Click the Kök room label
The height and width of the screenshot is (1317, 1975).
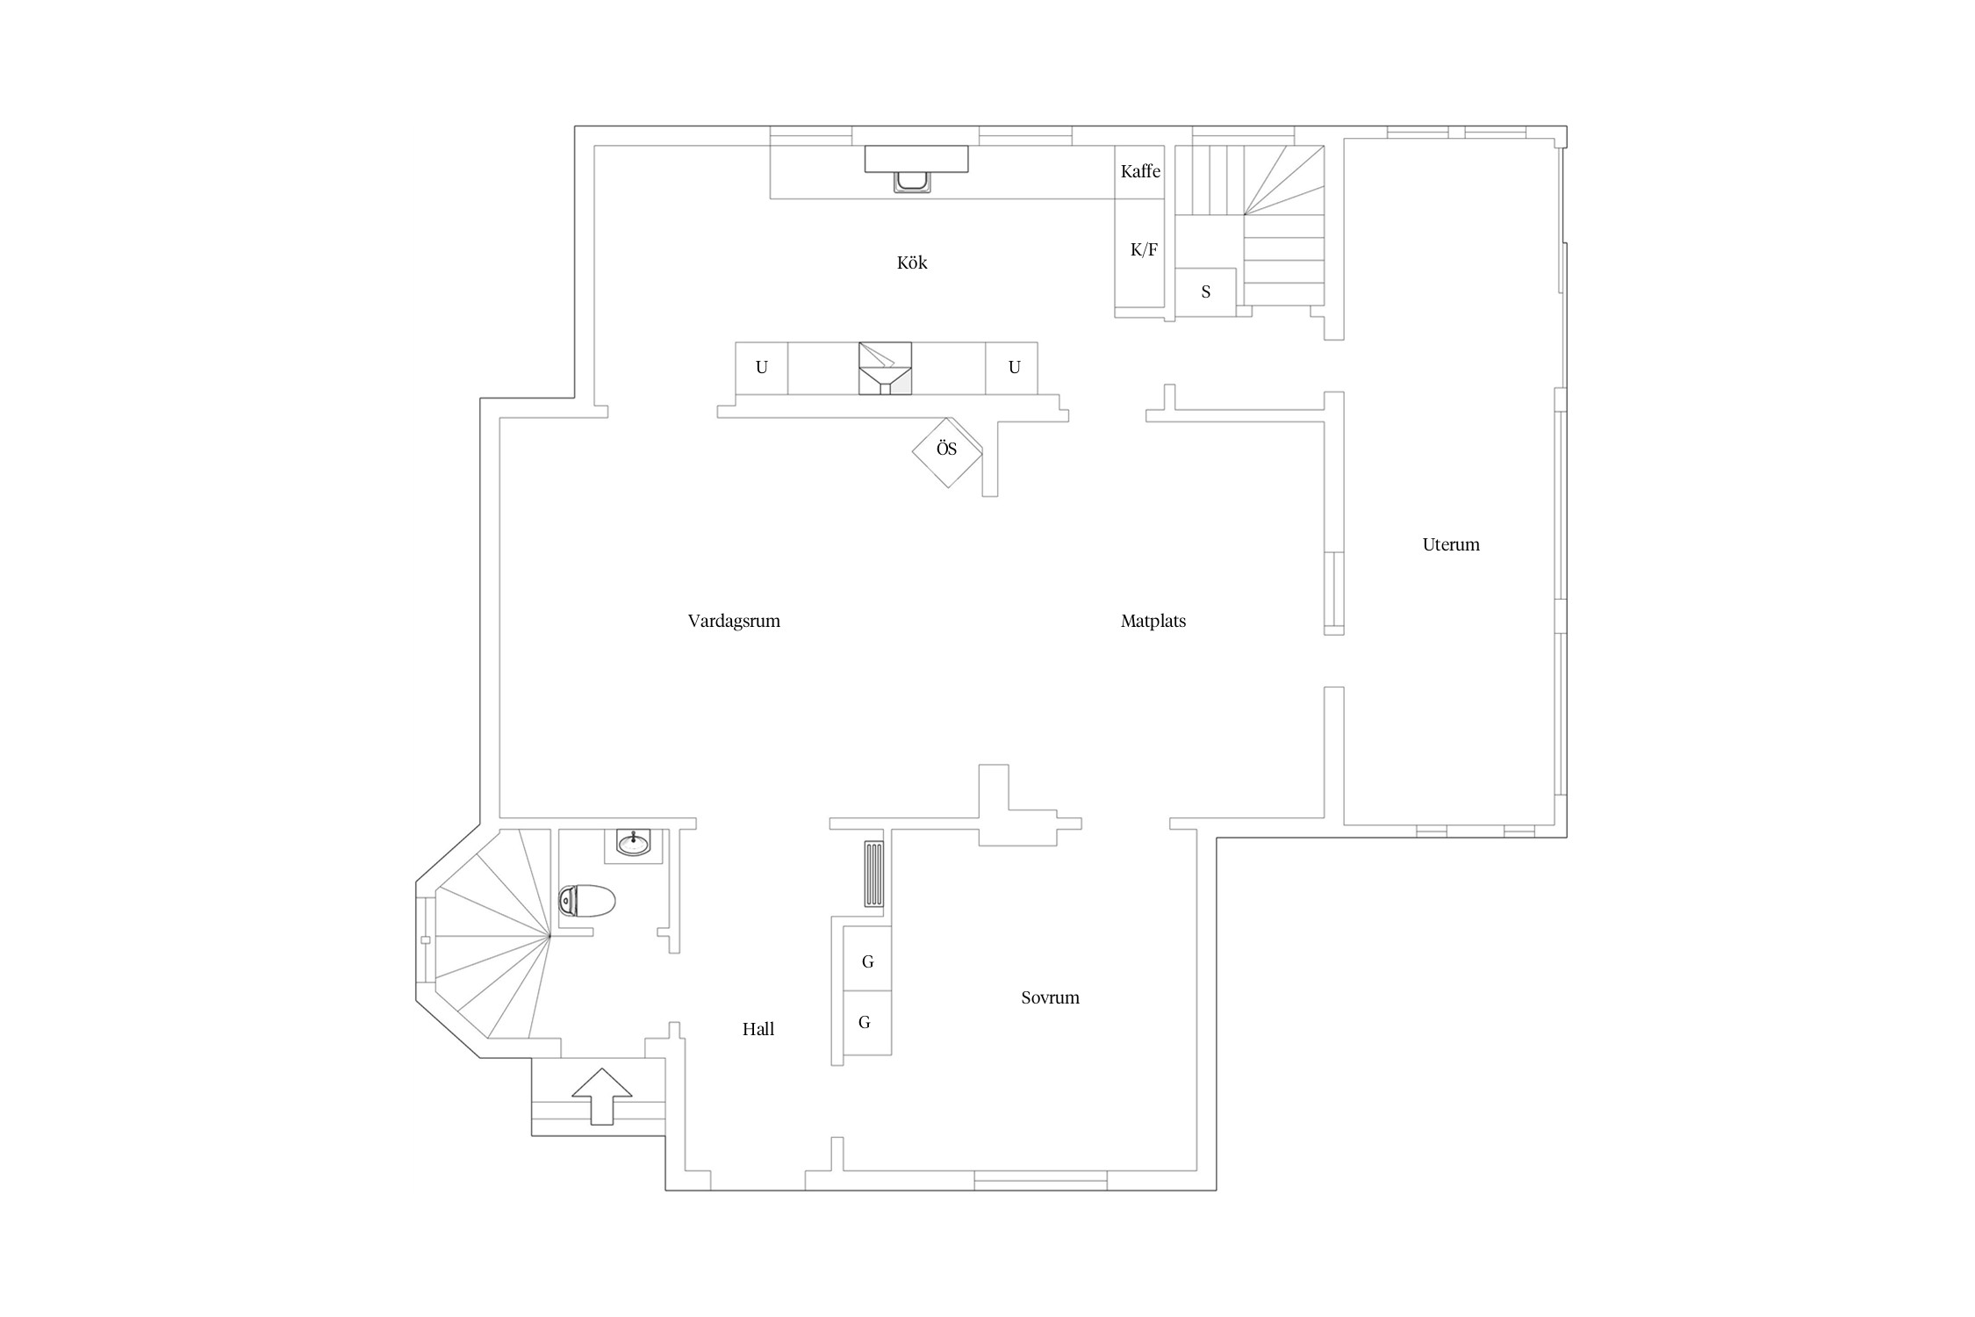(x=912, y=263)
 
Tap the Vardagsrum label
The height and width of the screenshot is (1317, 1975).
(x=734, y=622)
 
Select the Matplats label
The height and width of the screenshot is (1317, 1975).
(x=1153, y=622)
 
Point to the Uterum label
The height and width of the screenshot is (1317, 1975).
(x=1451, y=544)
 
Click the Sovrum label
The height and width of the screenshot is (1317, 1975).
(x=1050, y=997)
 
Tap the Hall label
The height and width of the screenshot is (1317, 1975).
(x=758, y=1029)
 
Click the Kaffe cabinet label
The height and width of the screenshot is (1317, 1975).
(x=1140, y=171)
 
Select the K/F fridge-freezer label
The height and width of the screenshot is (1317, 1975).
(x=1144, y=250)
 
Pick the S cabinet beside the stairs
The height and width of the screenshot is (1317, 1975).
(x=1206, y=291)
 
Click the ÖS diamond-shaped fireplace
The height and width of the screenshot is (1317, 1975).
(x=947, y=451)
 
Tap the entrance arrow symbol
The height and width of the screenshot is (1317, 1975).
(x=602, y=1096)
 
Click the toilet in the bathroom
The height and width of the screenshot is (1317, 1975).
(x=587, y=901)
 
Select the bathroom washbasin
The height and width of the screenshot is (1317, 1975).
(x=633, y=845)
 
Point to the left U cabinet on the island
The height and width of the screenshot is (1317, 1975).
(x=761, y=368)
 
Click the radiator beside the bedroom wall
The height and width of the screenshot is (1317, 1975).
(x=874, y=874)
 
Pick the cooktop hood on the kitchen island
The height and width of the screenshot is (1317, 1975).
(x=885, y=368)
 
